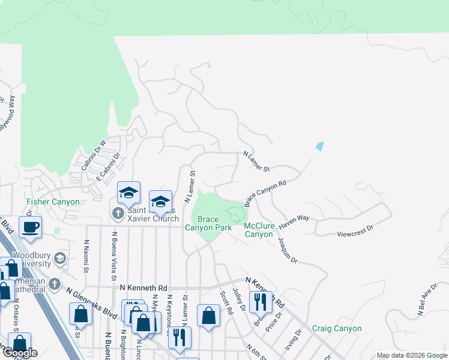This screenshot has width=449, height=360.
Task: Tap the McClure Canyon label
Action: click(x=259, y=230)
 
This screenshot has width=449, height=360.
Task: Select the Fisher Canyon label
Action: click(x=53, y=202)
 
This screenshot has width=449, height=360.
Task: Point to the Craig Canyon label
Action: click(x=337, y=329)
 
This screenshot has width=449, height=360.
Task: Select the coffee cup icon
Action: click(x=30, y=227)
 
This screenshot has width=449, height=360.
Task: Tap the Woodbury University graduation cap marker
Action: click(x=59, y=259)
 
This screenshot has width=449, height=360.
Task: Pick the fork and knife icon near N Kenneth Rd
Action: click(x=261, y=301)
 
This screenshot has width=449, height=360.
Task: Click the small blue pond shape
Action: click(x=319, y=146)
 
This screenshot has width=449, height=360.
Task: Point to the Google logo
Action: click(x=20, y=353)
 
